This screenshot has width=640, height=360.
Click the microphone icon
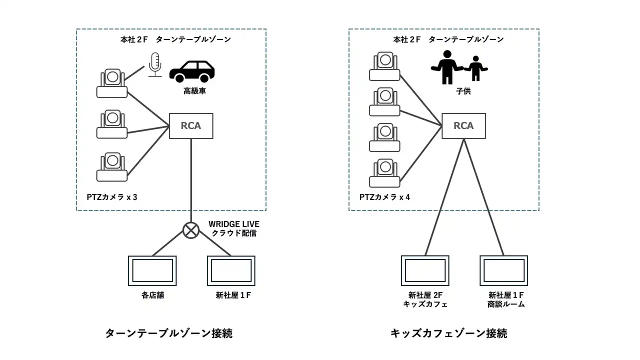[155, 64]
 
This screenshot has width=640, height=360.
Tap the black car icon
[192, 71]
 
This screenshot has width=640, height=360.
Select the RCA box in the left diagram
[191, 126]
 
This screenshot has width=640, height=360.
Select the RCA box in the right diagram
[463, 126]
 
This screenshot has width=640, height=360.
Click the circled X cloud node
[190, 230]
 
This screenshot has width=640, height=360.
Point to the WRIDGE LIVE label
[234, 224]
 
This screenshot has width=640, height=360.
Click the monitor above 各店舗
[152, 270]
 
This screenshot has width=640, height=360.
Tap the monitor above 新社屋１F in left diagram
[231, 270]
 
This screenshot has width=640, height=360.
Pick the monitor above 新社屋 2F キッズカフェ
[425, 270]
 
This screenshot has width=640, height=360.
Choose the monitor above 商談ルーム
[503, 270]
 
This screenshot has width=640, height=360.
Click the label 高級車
[192, 92]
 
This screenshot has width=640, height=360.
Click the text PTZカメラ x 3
[112, 197]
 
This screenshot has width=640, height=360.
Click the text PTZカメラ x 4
[384, 197]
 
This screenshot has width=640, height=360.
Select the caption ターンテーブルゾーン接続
[168, 333]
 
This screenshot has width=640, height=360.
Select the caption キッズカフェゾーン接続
[448, 333]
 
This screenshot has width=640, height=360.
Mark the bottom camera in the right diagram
[384, 172]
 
